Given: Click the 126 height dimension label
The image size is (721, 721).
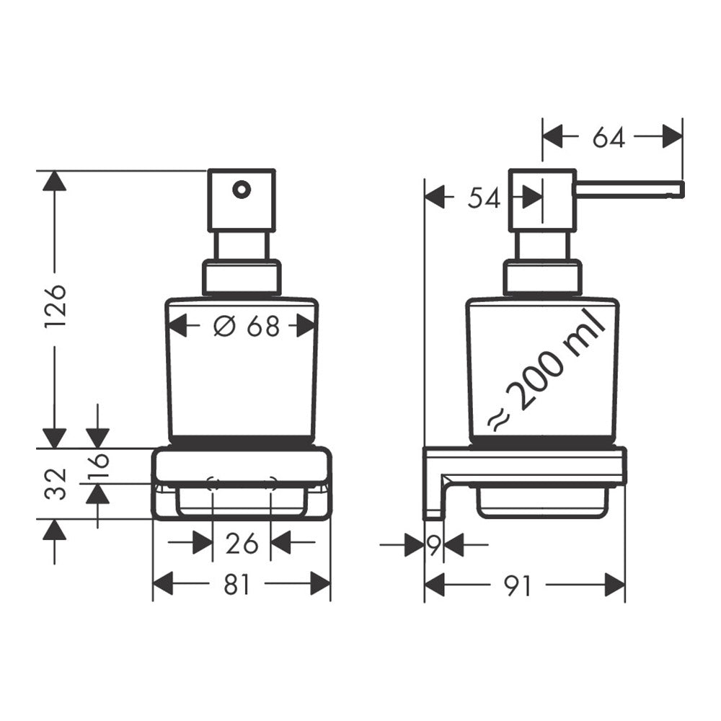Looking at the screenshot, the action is [x=56, y=306].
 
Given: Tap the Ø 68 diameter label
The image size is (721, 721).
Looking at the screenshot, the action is [x=247, y=327].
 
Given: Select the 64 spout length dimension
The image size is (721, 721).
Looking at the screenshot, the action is [x=609, y=137].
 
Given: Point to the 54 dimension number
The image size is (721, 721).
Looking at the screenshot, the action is [x=484, y=199].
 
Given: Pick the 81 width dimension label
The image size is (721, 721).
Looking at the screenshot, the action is [x=236, y=585].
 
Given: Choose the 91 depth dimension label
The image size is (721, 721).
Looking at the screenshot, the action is [x=517, y=585].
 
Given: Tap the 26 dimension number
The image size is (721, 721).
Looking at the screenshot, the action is [x=242, y=544].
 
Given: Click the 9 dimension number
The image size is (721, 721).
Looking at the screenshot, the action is [x=434, y=545].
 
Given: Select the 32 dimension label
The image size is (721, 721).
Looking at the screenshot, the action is [x=56, y=483].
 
